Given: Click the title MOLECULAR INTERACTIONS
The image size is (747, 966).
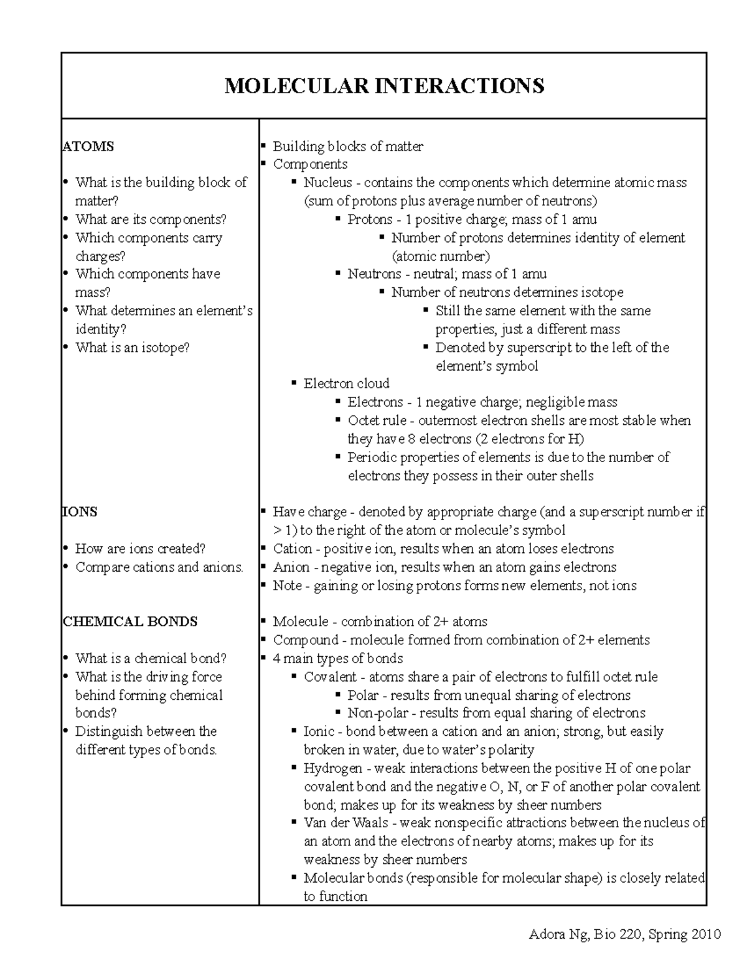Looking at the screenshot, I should click(x=384, y=85).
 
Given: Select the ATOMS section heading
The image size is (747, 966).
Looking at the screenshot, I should click(x=88, y=147).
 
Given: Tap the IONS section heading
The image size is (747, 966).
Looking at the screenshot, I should click(x=80, y=512).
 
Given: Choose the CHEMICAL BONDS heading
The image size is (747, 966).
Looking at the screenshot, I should click(x=130, y=621).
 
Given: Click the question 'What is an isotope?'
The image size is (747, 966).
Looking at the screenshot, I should click(x=132, y=348).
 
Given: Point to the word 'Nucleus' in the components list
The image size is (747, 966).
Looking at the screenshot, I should click(x=327, y=183).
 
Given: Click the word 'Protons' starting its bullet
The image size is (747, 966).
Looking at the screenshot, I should click(x=370, y=220).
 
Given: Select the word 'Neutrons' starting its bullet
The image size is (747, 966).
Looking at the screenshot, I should click(x=374, y=274).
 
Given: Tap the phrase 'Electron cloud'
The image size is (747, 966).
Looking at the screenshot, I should click(x=346, y=384).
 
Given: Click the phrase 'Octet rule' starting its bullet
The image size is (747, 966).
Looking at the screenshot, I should click(x=377, y=420).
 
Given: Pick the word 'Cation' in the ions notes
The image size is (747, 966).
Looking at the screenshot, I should click(x=293, y=549).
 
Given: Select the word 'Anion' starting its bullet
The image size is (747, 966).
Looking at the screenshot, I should click(x=291, y=567).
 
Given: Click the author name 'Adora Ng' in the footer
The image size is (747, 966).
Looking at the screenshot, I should click(x=557, y=934).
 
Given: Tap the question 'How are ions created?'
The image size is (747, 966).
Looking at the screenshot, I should click(x=140, y=549).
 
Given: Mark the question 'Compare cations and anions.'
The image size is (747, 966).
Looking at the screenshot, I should click(x=159, y=567).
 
